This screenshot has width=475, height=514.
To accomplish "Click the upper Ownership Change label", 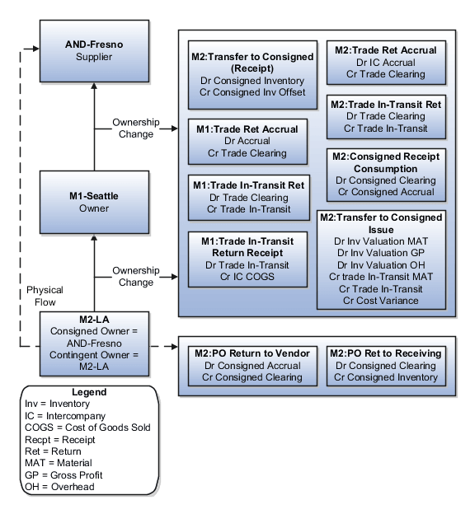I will [136, 128].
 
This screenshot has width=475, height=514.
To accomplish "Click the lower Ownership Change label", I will [136, 276].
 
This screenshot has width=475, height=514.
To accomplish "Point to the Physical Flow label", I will [45, 296].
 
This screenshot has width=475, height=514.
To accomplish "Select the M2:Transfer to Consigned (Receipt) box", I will [252, 75].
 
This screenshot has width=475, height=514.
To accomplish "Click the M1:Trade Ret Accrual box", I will [247, 141].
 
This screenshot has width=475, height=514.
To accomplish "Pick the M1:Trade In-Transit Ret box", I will [247, 198].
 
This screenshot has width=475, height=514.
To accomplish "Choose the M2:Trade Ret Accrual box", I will [386, 63].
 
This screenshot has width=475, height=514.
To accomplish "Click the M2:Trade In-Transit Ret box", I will [386, 116].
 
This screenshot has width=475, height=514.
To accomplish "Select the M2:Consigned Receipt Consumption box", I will [386, 174].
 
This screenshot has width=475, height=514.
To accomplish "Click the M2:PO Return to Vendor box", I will [252, 365].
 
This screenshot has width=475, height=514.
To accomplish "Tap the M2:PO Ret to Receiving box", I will [386, 365].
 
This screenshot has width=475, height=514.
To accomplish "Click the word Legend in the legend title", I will [88, 393].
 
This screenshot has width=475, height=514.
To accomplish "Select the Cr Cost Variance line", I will [381, 301].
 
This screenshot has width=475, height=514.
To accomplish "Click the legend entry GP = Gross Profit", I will [59, 475].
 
